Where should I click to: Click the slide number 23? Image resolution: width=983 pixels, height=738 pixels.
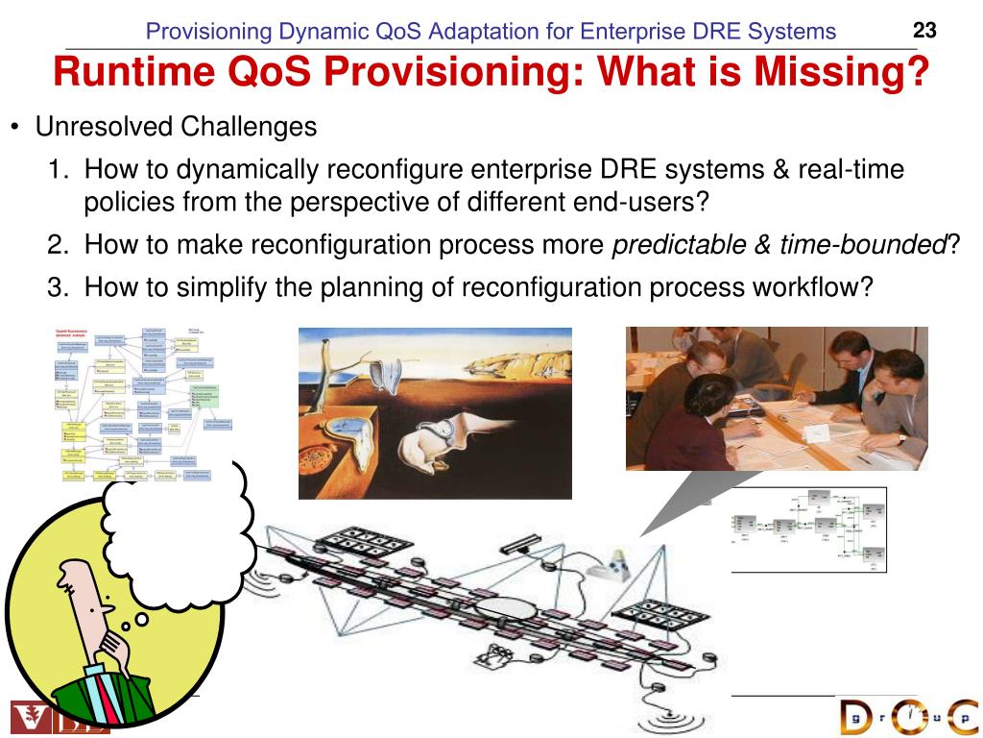924,31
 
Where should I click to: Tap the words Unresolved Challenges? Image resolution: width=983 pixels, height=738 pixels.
176,126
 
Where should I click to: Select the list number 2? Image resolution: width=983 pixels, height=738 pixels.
57,245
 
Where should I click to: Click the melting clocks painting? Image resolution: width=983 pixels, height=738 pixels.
435,413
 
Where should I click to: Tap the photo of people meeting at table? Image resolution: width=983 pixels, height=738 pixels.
777,398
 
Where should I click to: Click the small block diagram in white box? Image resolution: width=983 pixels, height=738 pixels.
807,529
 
